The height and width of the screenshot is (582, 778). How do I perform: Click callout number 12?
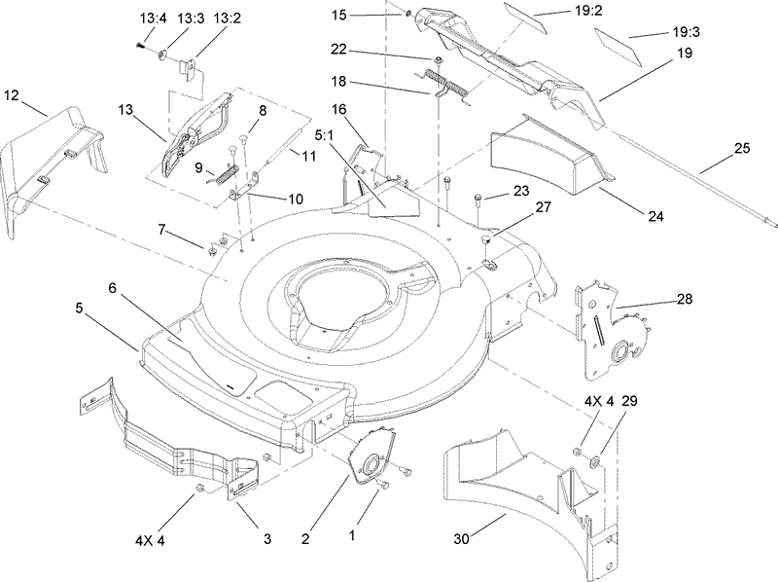[x=11, y=94]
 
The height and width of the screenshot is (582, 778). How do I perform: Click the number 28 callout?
[x=685, y=299]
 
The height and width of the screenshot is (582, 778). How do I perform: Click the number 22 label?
[x=339, y=50]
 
